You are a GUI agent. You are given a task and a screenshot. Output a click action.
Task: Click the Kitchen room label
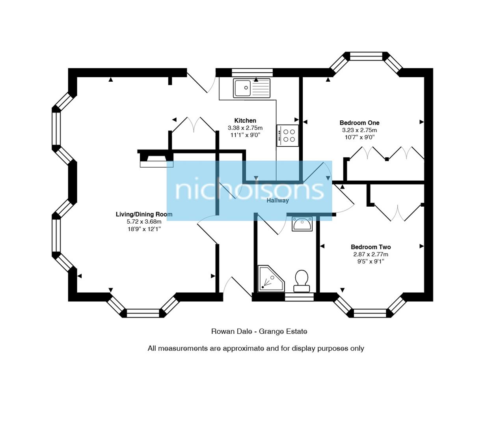coord(245,121)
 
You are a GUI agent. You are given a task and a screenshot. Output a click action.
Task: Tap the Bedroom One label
coord(359,123)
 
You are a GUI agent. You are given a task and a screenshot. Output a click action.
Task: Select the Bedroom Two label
coord(371,247)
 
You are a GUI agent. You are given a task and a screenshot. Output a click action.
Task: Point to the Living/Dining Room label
coord(144,214)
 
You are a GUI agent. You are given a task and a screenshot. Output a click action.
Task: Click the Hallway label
coord(278,200)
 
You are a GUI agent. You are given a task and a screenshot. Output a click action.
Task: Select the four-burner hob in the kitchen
coord(288,135)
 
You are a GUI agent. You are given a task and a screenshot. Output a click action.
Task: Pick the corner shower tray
coord(270,279)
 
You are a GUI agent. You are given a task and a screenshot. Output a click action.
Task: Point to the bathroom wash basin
coord(302,224)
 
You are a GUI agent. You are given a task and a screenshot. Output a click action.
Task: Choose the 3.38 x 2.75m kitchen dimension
coord(245,128)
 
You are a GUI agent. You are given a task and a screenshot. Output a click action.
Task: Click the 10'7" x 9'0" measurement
coord(359,137)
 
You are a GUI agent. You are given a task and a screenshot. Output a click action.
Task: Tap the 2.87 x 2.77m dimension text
coord(371,254)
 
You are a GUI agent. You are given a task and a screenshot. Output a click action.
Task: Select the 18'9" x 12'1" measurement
coord(144,229)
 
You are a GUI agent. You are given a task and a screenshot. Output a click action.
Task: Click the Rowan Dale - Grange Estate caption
coord(259,331)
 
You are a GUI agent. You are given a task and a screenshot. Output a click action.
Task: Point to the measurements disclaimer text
coord(256,348)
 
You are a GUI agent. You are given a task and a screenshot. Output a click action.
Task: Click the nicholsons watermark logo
coord(249,190)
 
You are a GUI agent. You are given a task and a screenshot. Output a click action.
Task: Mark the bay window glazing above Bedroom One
coord(366,56)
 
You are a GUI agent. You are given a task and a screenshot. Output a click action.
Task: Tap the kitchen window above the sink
coord(252,72)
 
